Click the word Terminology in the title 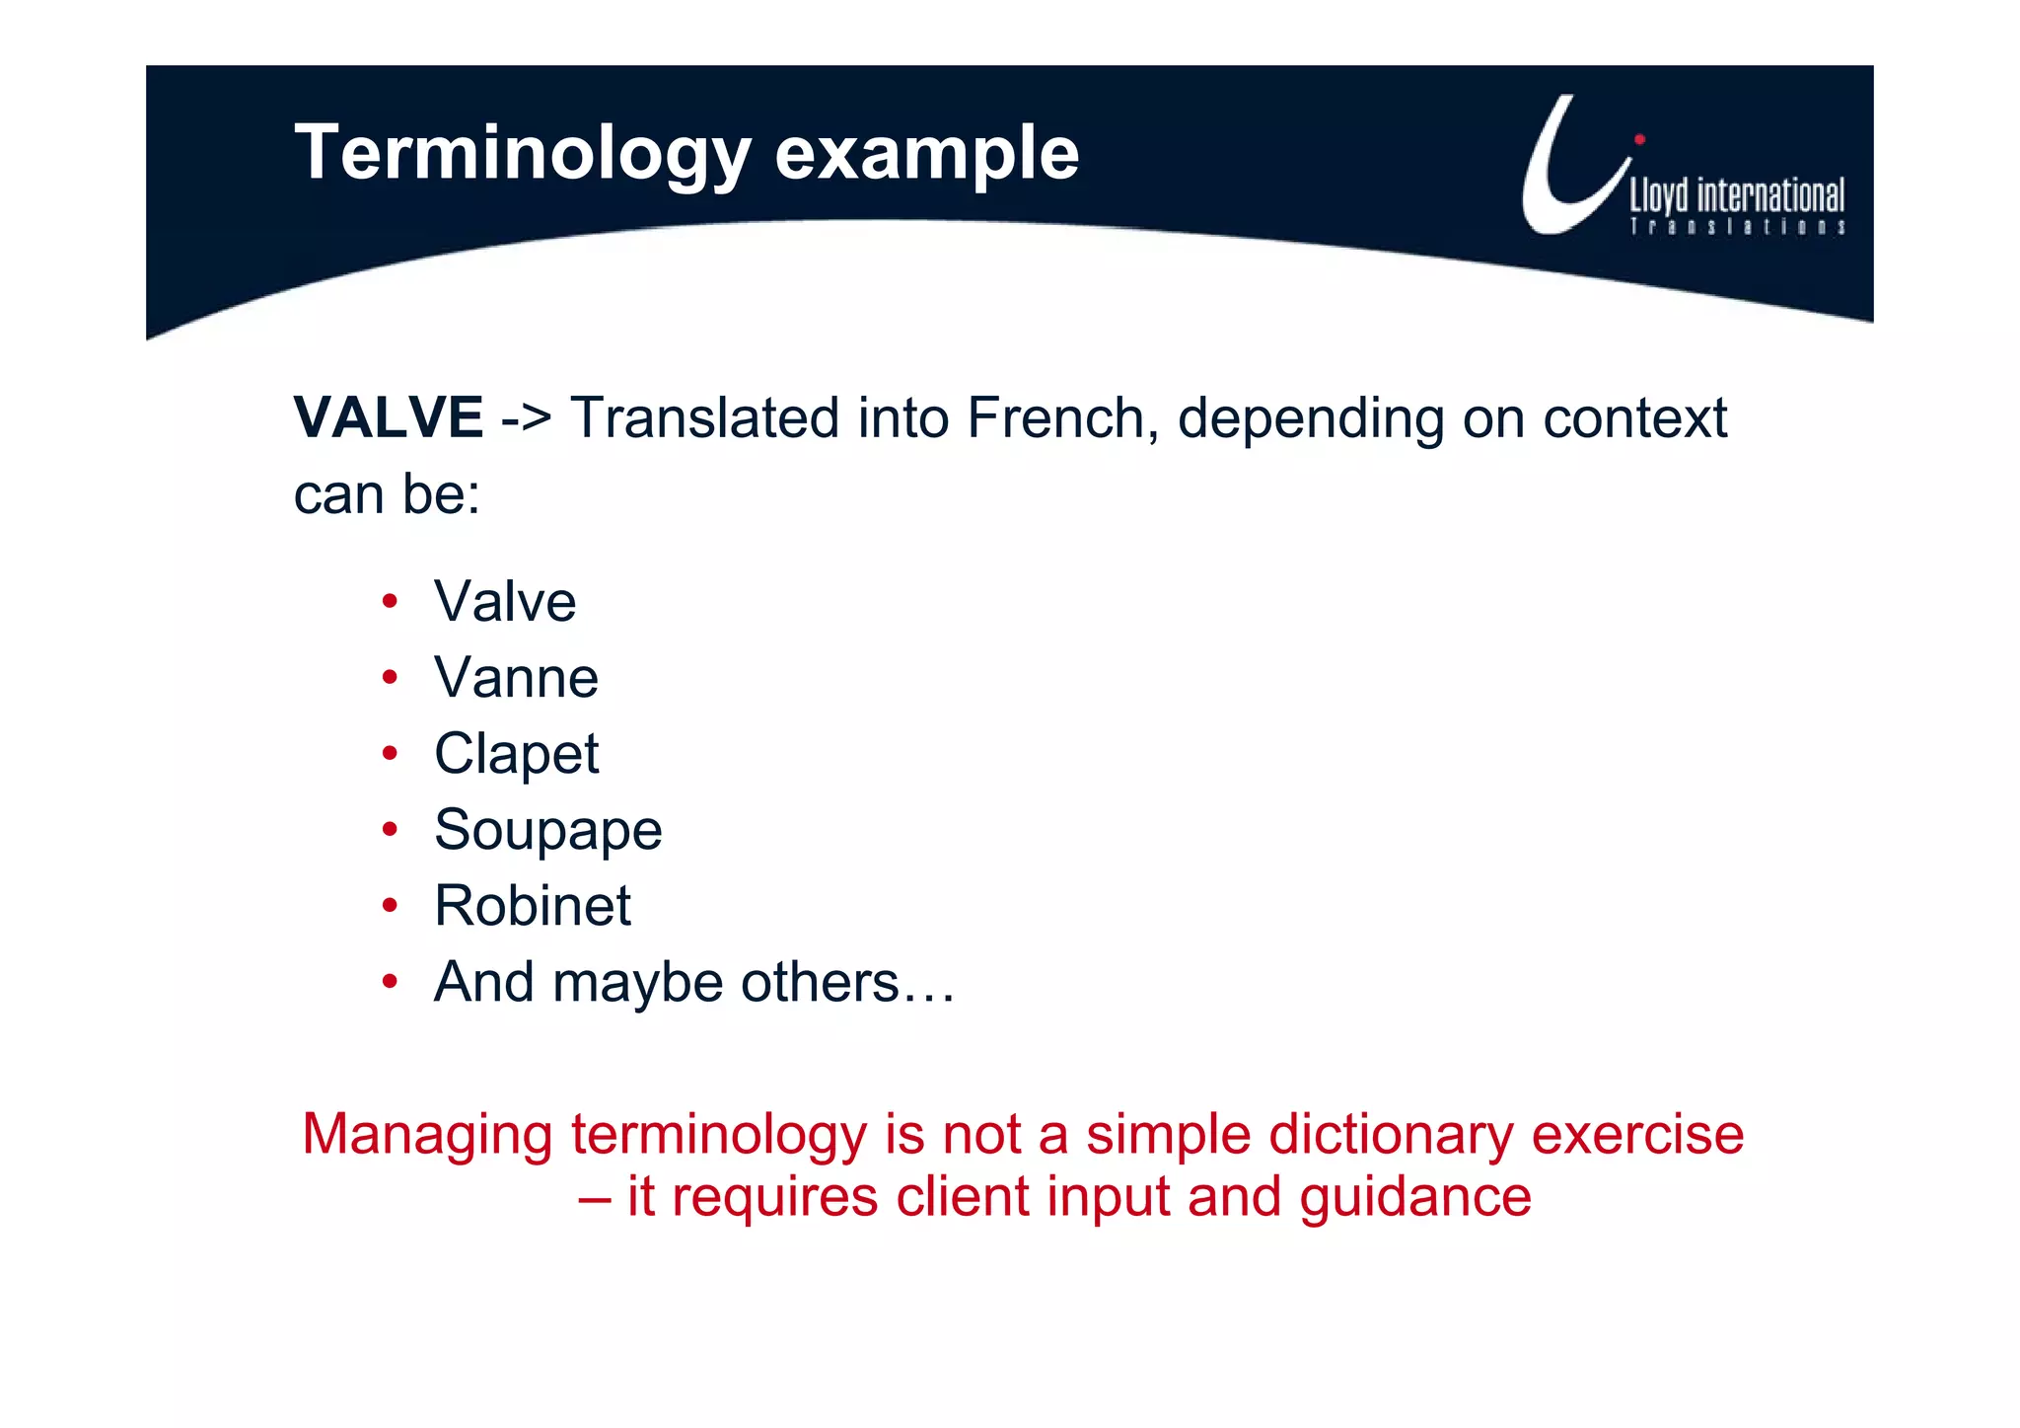point(523,154)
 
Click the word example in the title point(926,154)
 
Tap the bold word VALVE point(389,417)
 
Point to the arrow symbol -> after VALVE point(526,419)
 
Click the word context point(1634,419)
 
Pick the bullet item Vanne point(516,679)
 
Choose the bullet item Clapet point(516,755)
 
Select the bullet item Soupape point(547,831)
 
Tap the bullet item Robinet point(532,906)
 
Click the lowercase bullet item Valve point(504,602)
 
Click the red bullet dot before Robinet point(391,905)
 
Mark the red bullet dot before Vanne point(391,677)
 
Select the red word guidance point(1414,1198)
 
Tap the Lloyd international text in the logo point(1736,196)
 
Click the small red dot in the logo point(1639,139)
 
